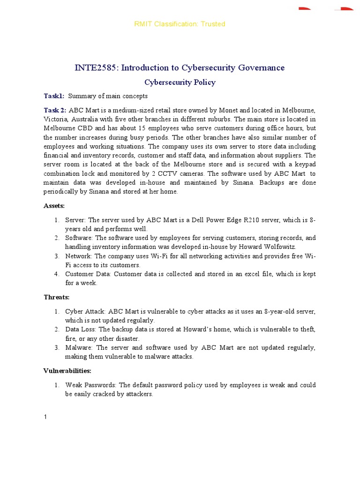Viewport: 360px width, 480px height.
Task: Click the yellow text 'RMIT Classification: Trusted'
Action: click(180, 24)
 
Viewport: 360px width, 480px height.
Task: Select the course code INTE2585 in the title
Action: click(97, 68)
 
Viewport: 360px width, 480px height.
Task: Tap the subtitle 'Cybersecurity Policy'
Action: click(180, 82)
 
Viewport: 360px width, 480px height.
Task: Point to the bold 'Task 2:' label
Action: click(55, 110)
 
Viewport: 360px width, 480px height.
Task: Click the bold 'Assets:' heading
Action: click(54, 206)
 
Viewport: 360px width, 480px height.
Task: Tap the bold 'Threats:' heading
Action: click(56, 297)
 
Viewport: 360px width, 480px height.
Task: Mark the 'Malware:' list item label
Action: click(79, 348)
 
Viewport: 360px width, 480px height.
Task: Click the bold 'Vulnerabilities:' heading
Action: click(67, 371)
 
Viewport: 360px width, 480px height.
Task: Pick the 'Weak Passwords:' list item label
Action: click(91, 385)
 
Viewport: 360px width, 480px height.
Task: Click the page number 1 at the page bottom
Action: click(45, 418)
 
